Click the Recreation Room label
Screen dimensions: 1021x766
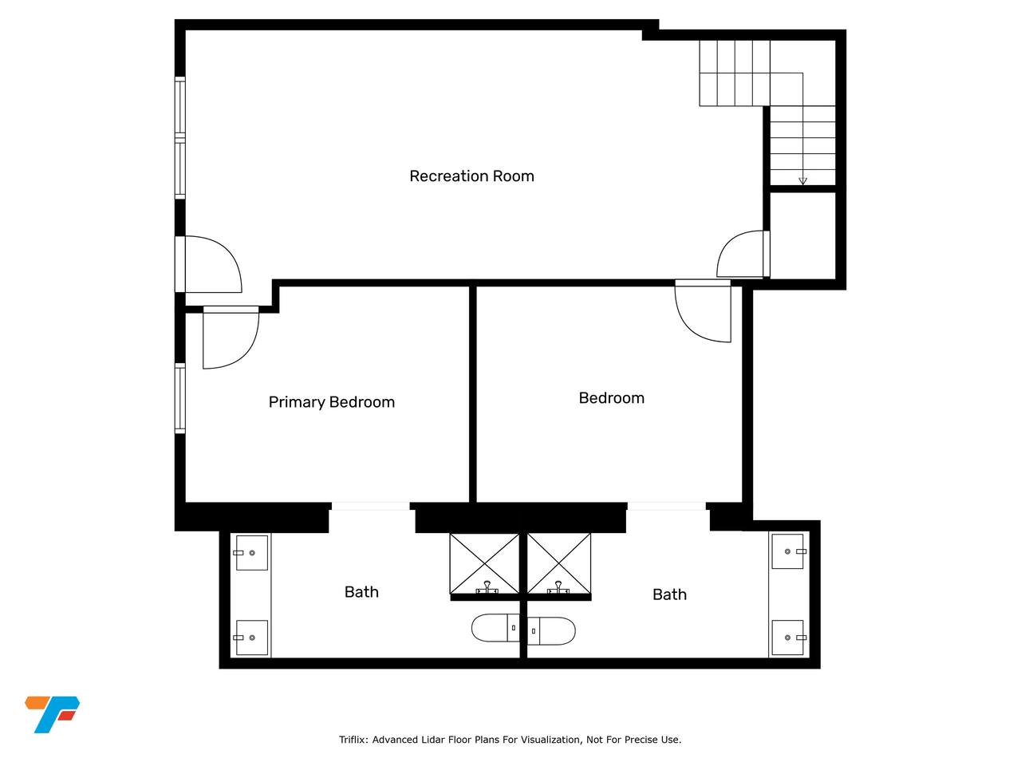click(471, 176)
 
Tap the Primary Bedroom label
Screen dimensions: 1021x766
click(331, 402)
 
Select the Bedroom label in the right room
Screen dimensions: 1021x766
click(611, 398)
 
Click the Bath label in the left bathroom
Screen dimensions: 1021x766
click(361, 592)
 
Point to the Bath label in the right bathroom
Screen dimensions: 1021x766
click(669, 594)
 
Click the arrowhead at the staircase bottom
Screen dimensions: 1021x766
click(802, 181)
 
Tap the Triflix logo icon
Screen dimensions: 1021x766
click(52, 714)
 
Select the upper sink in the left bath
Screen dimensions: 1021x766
click(251, 553)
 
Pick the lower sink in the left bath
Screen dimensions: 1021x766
click(251, 638)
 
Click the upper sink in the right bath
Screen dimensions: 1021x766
click(787, 551)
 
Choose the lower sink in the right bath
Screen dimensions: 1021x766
click(787, 638)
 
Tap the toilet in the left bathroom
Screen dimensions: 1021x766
click(495, 628)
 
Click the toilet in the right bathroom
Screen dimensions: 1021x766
click(551, 631)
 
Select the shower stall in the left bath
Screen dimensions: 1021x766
click(484, 564)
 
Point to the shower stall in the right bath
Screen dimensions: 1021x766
click(558, 564)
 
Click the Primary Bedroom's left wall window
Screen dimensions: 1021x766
click(180, 398)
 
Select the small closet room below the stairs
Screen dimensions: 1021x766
click(803, 235)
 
